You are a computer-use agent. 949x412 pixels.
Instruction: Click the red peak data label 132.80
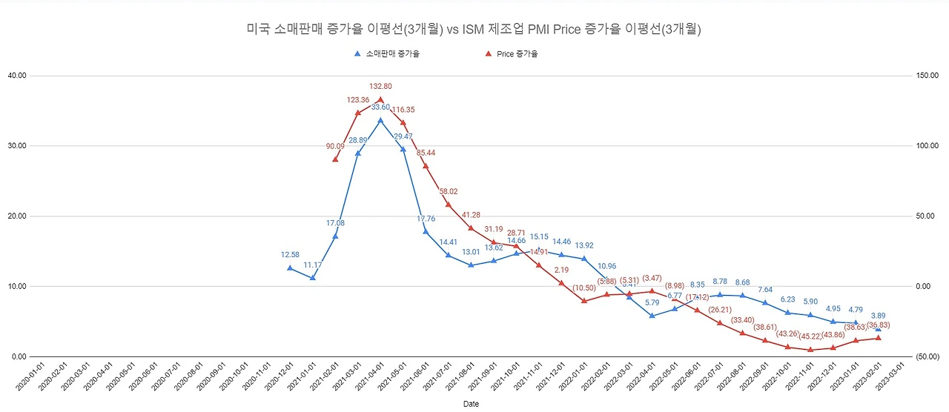(x=380, y=86)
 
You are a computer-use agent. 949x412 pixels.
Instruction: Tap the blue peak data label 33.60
(x=380, y=107)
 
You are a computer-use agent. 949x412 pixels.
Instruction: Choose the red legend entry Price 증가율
(x=517, y=54)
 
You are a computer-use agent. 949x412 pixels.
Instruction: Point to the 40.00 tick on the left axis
(x=17, y=76)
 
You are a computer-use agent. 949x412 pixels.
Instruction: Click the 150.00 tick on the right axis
(x=927, y=76)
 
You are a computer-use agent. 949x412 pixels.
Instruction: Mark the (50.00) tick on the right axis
(x=927, y=357)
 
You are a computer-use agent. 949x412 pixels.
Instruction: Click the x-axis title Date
(x=471, y=405)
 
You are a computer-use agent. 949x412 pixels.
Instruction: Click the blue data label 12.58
(x=290, y=255)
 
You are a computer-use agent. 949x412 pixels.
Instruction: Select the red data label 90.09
(x=335, y=147)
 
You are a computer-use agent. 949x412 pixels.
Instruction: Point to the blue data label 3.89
(x=878, y=316)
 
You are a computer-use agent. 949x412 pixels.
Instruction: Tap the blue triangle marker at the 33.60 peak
(x=380, y=120)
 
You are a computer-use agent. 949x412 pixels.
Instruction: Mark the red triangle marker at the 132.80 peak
(x=380, y=99)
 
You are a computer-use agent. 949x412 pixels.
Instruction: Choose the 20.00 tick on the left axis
(x=17, y=216)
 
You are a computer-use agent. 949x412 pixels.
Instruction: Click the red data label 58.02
(x=449, y=191)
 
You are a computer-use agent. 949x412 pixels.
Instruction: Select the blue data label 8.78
(x=720, y=282)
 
